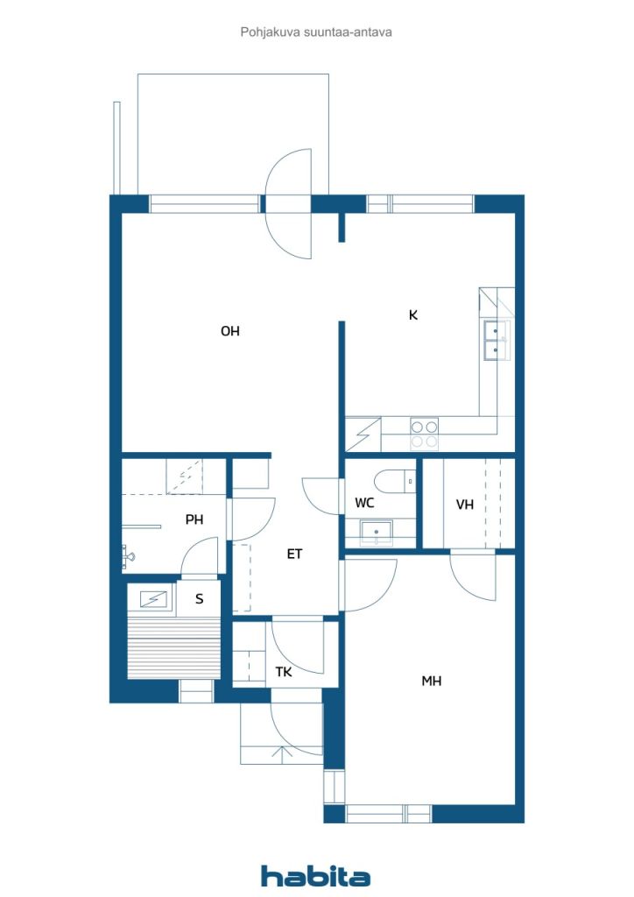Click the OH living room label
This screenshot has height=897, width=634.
pyautogui.click(x=229, y=330)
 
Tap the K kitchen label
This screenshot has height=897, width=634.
pyautogui.click(x=413, y=314)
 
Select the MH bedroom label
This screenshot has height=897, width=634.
pyautogui.click(x=431, y=681)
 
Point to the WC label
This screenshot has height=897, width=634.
pyautogui.click(x=364, y=503)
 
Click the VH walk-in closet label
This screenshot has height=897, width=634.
pyautogui.click(x=465, y=505)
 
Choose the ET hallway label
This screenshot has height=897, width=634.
pyautogui.click(x=294, y=554)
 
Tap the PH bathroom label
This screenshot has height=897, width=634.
pyautogui.click(x=194, y=519)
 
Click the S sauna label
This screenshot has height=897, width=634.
pyautogui.click(x=199, y=599)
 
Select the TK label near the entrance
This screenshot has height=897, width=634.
pyautogui.click(x=284, y=672)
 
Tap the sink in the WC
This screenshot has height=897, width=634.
pyautogui.click(x=376, y=532)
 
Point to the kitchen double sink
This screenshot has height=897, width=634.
pyautogui.click(x=496, y=341)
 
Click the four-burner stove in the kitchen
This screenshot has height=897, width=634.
pyautogui.click(x=424, y=434)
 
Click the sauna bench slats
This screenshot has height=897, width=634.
pyautogui.click(x=173, y=647)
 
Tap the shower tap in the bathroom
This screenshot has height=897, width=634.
pyautogui.click(x=128, y=554)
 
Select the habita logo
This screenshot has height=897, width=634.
pyautogui.click(x=315, y=876)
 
